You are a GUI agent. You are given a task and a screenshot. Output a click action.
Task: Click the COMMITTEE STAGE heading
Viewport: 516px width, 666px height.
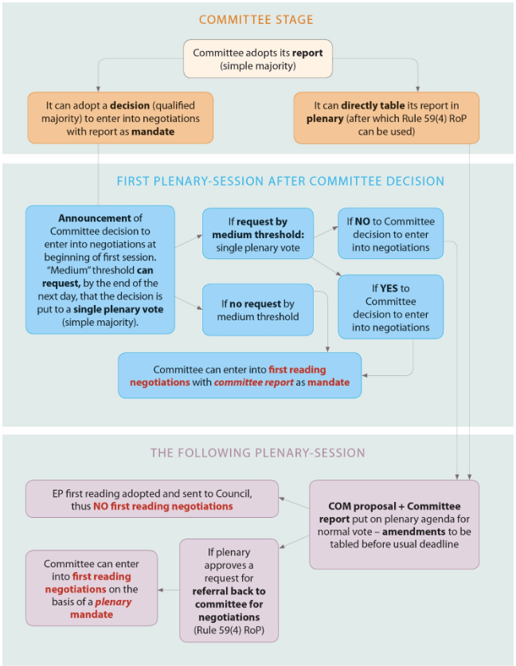coord(256,20)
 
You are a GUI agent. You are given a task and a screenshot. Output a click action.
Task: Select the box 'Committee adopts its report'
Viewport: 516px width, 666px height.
coord(257,59)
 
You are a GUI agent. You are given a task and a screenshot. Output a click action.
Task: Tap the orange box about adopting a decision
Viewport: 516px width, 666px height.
coord(120,117)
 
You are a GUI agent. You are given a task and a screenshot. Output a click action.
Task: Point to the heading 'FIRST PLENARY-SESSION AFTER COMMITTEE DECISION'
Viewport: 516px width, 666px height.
coord(280,182)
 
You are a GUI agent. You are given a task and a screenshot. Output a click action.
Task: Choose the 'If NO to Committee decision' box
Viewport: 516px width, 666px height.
coord(390,233)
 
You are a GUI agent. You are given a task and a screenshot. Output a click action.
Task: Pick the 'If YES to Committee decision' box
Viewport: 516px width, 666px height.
coord(390,307)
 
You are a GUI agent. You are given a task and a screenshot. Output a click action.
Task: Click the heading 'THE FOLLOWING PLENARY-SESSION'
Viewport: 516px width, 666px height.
coord(258,452)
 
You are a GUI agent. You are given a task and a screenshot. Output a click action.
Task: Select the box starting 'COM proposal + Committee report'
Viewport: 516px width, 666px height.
coord(393,523)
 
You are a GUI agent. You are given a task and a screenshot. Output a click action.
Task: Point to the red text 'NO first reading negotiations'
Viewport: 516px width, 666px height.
coord(163,506)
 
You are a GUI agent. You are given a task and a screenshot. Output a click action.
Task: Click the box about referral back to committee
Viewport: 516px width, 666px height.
coord(228,590)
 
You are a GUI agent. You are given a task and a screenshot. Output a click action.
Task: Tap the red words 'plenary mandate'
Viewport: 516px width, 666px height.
coord(100,609)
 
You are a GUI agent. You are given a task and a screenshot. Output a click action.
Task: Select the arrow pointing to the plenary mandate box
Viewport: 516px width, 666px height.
coord(168,590)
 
